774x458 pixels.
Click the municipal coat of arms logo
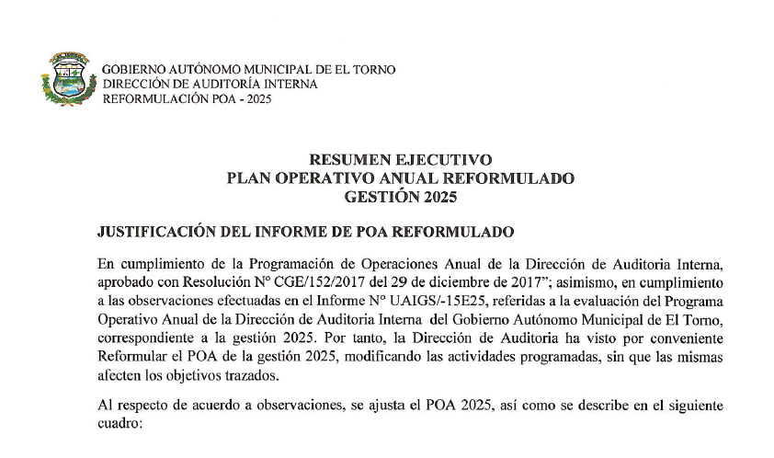coord(68,80)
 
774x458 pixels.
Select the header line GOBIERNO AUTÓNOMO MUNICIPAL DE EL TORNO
coord(248,70)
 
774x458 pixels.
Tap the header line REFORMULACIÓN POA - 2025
coord(180,97)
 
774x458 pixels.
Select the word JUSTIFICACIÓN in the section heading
coord(163,230)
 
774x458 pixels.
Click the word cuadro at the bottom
coord(119,423)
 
